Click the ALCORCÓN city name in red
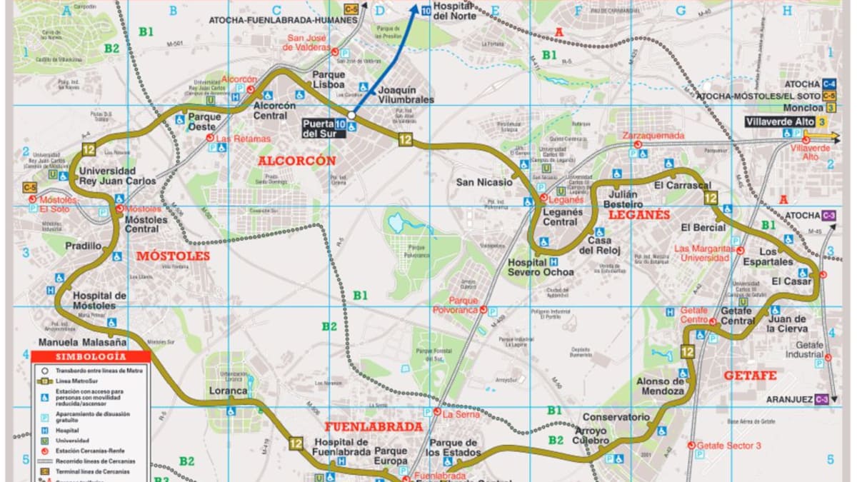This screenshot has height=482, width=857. pyautogui.click(x=296, y=161)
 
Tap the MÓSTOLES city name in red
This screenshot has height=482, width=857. pyautogui.click(x=173, y=256)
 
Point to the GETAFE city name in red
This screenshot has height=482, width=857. pyautogui.click(x=749, y=375)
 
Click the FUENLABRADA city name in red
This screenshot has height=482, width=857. pyautogui.click(x=374, y=426)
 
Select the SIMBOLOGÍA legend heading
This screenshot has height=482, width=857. pyautogui.click(x=91, y=356)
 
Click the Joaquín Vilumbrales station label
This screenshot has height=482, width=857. pyautogui.click(x=406, y=95)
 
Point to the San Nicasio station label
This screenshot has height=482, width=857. pyautogui.click(x=484, y=182)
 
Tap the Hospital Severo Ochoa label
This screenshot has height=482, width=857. pyautogui.click(x=540, y=266)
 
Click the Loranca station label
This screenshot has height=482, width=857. pyautogui.click(x=228, y=391)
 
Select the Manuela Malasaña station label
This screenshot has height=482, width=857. pyautogui.click(x=78, y=342)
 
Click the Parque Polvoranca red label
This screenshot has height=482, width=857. pyautogui.click(x=455, y=305)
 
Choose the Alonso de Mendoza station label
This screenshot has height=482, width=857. pyautogui.click(x=661, y=386)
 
